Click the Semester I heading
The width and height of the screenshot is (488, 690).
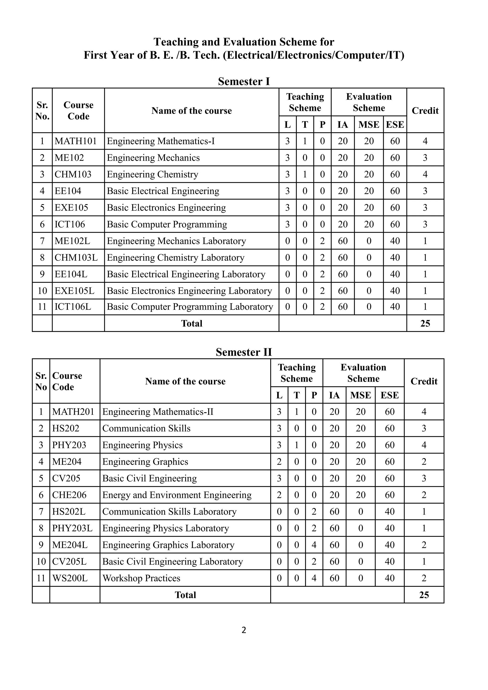(244, 81)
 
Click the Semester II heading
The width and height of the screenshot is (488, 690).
(244, 352)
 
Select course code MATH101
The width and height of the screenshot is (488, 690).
(76, 141)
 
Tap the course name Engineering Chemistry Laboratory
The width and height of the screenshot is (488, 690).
(175, 258)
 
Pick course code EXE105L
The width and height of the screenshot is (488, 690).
(74, 291)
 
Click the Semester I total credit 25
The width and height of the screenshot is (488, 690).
(425, 323)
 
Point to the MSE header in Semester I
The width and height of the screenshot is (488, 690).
(369, 124)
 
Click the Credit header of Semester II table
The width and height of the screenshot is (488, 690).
(424, 381)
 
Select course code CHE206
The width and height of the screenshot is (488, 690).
(69, 495)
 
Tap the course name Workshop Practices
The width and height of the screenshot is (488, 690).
(141, 578)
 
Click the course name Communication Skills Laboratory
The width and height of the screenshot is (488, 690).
(169, 512)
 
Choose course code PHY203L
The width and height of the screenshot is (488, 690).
(72, 528)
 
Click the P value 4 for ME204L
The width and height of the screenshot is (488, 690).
(314, 545)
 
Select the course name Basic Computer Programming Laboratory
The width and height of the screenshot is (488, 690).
(190, 307)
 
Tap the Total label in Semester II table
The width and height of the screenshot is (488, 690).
(185, 595)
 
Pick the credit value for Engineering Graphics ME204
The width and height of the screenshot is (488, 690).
(424, 462)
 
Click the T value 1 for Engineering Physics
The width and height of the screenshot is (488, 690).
(297, 445)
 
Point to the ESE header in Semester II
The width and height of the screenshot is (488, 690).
(389, 395)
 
